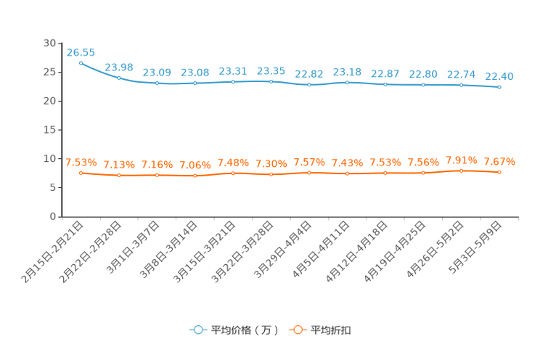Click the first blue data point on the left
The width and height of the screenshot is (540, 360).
[x=81, y=62]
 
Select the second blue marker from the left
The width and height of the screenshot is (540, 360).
[x=119, y=77]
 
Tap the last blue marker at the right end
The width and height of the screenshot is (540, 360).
[x=499, y=87]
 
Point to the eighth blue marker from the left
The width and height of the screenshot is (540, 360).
[x=347, y=82]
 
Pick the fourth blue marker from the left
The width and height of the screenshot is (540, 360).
[x=195, y=83]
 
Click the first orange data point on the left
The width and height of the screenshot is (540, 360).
[x=81, y=172]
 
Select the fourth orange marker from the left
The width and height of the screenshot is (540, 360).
[x=195, y=176]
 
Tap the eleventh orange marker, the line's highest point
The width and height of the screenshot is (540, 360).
[x=461, y=170]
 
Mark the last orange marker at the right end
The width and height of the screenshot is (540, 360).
[x=499, y=172]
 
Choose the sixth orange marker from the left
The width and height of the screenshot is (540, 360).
[x=271, y=174]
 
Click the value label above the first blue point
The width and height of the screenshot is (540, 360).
[x=81, y=52]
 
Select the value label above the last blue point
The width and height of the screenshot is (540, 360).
[x=499, y=75]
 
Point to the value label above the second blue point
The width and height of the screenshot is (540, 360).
[x=119, y=67]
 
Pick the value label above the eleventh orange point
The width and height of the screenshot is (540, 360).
[x=461, y=159]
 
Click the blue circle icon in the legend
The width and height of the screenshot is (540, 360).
[x=197, y=330]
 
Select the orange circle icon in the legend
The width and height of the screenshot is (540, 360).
[x=297, y=330]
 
